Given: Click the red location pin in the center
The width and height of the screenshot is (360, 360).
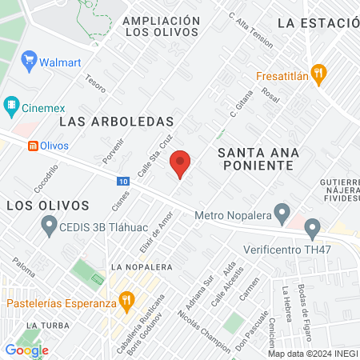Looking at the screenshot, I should click(x=181, y=164).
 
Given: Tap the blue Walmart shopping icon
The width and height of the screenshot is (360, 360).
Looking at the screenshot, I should click(x=30, y=60).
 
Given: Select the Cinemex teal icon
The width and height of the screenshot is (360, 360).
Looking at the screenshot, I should click(x=12, y=104).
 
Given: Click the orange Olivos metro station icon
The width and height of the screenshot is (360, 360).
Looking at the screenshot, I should click(x=33, y=146).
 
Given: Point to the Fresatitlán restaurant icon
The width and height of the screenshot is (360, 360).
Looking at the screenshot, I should click(x=318, y=75).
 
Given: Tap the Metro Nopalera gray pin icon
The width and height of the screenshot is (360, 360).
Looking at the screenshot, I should click(x=281, y=213).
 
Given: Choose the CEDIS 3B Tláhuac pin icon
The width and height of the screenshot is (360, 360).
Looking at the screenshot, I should click(x=49, y=226).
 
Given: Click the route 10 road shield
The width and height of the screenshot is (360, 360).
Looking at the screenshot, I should click(x=122, y=182).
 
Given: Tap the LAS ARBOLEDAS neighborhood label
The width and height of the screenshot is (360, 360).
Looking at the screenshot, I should click(x=117, y=122).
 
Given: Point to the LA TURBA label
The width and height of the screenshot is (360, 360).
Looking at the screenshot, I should click(x=43, y=326).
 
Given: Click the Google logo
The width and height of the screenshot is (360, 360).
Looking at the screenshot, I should click(x=26, y=350).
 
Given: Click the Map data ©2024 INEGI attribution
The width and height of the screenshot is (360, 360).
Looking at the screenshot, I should click(x=312, y=354).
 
